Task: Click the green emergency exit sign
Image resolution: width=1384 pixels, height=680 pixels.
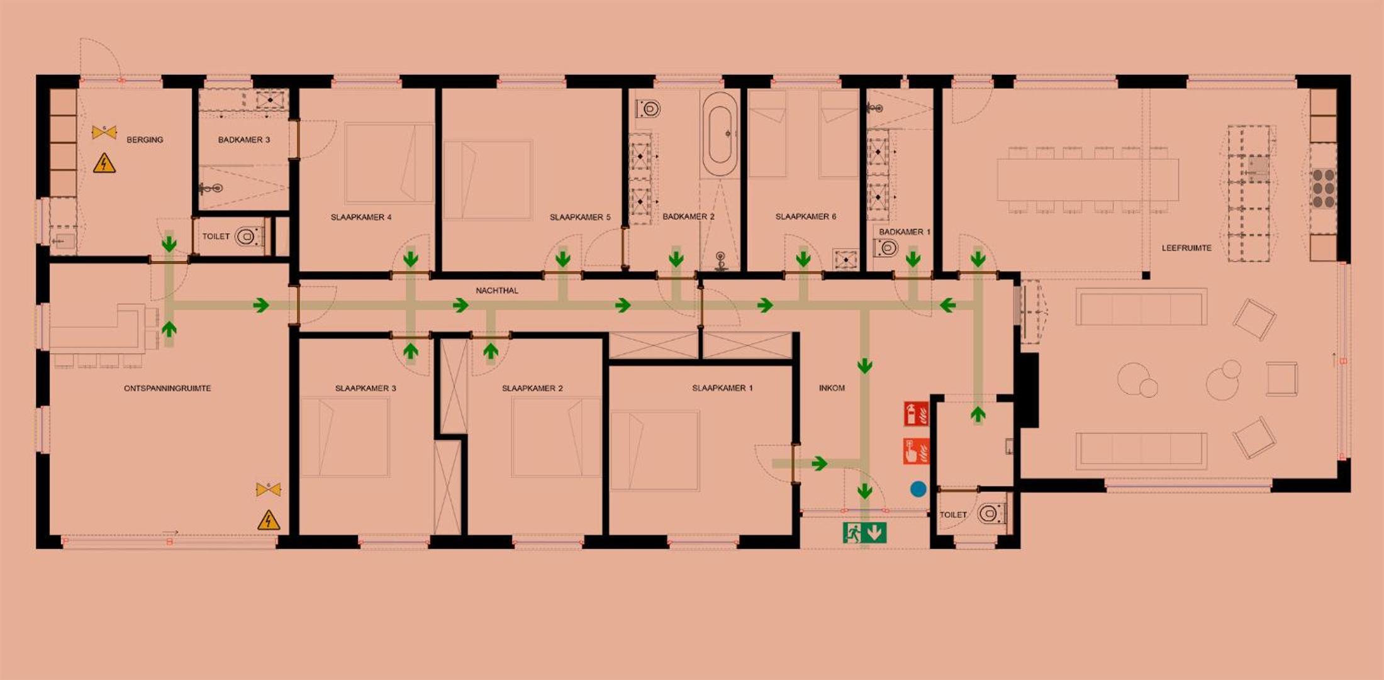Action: click(x=864, y=533)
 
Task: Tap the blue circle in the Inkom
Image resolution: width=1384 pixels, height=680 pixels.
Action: click(x=918, y=489)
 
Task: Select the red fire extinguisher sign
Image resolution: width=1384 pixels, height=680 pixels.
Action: click(x=916, y=414)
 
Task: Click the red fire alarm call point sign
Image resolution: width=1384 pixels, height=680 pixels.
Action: click(x=916, y=451)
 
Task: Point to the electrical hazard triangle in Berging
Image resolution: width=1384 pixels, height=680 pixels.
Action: click(x=104, y=164)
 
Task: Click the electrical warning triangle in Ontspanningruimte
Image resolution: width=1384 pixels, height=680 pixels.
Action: click(x=269, y=520)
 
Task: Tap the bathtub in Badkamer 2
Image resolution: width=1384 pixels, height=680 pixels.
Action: click(x=720, y=134)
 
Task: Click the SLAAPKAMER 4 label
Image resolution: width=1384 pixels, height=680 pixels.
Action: click(x=361, y=217)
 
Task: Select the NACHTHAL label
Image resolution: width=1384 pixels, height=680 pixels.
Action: click(x=497, y=291)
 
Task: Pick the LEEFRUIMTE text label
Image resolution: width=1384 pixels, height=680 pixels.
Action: click(x=1186, y=248)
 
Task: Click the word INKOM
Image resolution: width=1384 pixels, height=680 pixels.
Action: click(x=832, y=388)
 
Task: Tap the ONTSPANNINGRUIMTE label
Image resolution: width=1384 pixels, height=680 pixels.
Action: click(x=167, y=388)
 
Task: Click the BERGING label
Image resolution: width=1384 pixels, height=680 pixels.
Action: click(x=145, y=140)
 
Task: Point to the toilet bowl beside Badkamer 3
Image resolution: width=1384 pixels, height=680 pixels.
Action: click(x=246, y=237)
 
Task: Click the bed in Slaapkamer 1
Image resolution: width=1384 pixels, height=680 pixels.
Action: click(x=655, y=450)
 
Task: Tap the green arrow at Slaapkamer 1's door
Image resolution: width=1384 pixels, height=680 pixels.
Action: click(x=819, y=464)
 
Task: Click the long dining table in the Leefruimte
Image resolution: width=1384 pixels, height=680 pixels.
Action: click(x=1088, y=180)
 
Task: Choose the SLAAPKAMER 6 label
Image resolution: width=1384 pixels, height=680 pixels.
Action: click(x=806, y=216)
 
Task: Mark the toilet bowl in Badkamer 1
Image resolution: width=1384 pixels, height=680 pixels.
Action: click(x=886, y=248)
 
